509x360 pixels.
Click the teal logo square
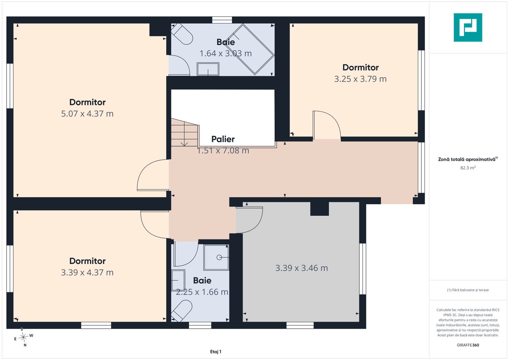tap(468, 27)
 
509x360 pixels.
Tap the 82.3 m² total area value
tap(468, 168)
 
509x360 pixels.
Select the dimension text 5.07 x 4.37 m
tap(87, 114)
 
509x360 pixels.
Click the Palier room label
tap(223, 139)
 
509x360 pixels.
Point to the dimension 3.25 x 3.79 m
tap(360, 79)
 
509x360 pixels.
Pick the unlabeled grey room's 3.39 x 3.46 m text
tap(302, 268)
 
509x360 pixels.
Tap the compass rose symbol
tap(23, 337)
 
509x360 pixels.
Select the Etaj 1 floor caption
tap(216, 352)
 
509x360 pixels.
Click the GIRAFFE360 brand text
tap(468, 345)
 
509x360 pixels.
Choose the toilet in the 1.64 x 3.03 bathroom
tap(182, 34)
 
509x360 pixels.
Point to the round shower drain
tap(219, 257)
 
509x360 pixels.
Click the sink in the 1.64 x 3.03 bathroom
tap(208, 69)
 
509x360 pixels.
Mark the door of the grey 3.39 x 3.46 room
tap(250, 220)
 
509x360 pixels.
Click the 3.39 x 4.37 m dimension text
tap(87, 273)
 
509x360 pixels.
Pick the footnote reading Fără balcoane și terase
tap(468, 290)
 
